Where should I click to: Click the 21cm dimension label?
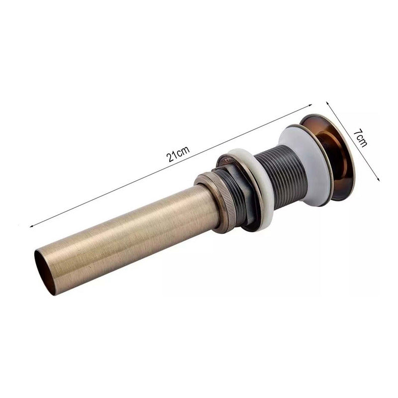[178, 154]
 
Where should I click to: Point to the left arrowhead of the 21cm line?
[31, 226]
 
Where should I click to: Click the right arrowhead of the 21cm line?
[309, 105]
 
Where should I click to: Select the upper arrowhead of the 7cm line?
[328, 103]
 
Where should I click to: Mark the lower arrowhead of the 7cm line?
[378, 179]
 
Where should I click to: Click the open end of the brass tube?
[45, 272]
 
